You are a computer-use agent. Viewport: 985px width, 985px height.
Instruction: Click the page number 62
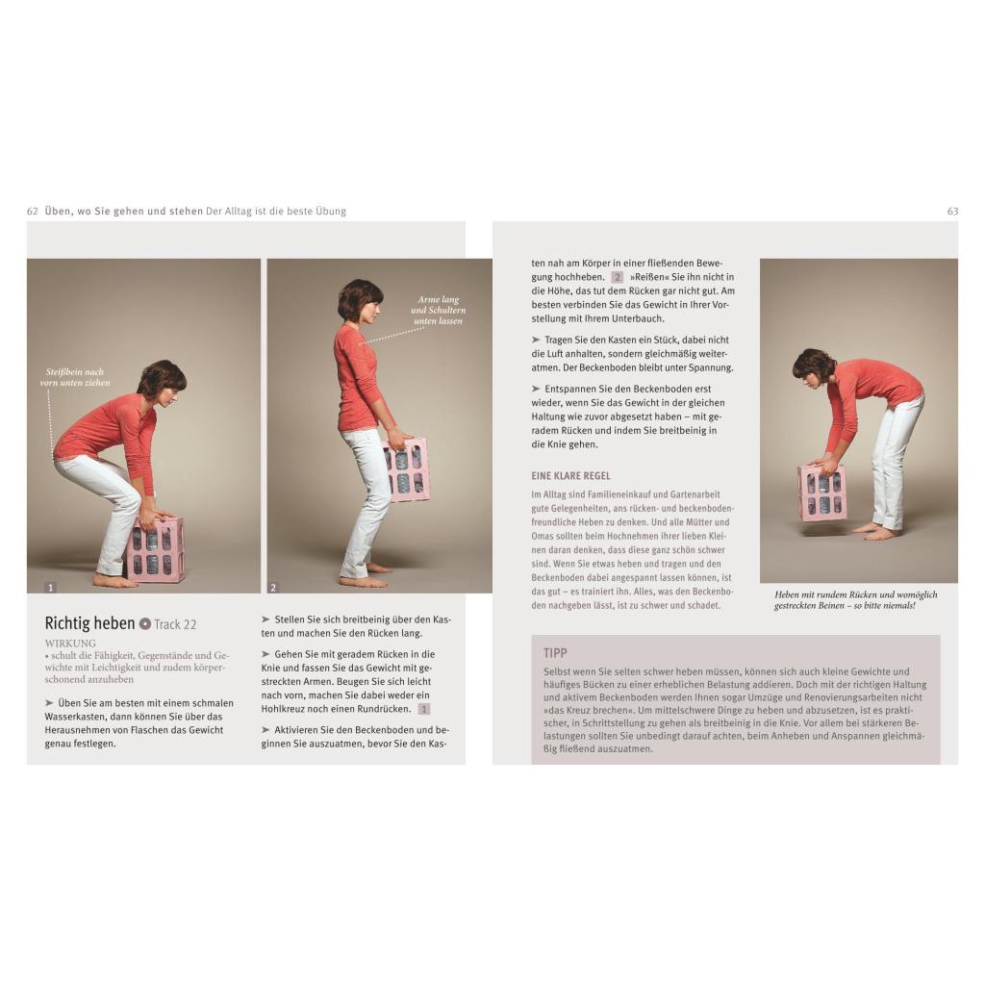tap(33, 212)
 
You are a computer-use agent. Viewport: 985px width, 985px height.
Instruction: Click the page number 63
tap(952, 212)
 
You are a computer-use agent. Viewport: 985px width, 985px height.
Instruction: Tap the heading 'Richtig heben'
tap(89, 623)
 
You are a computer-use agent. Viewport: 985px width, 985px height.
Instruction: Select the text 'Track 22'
tap(175, 624)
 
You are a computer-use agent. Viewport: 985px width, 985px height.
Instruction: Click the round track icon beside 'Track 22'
tap(145, 623)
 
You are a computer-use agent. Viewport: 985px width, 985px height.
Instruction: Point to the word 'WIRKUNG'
tap(70, 644)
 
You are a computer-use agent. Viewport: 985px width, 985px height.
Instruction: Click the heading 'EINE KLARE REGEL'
tap(571, 476)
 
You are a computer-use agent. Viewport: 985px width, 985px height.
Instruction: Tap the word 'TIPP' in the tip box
tap(555, 653)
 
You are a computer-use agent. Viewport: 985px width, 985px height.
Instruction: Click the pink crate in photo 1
tap(156, 547)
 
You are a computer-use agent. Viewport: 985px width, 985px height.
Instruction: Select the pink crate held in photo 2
tap(407, 469)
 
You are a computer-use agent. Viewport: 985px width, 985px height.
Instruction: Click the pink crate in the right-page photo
tap(821, 492)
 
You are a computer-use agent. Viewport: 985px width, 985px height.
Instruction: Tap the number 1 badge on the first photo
tap(51, 588)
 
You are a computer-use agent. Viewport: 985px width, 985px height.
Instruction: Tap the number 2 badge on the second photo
tap(273, 588)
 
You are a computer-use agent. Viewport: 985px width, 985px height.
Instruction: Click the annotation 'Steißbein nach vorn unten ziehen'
tap(75, 377)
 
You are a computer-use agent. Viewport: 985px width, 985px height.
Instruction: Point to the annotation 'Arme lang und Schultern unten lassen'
tap(439, 311)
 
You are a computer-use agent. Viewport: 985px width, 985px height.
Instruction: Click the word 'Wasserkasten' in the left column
tap(75, 716)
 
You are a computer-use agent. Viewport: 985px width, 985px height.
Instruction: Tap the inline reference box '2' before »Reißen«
tap(618, 277)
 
